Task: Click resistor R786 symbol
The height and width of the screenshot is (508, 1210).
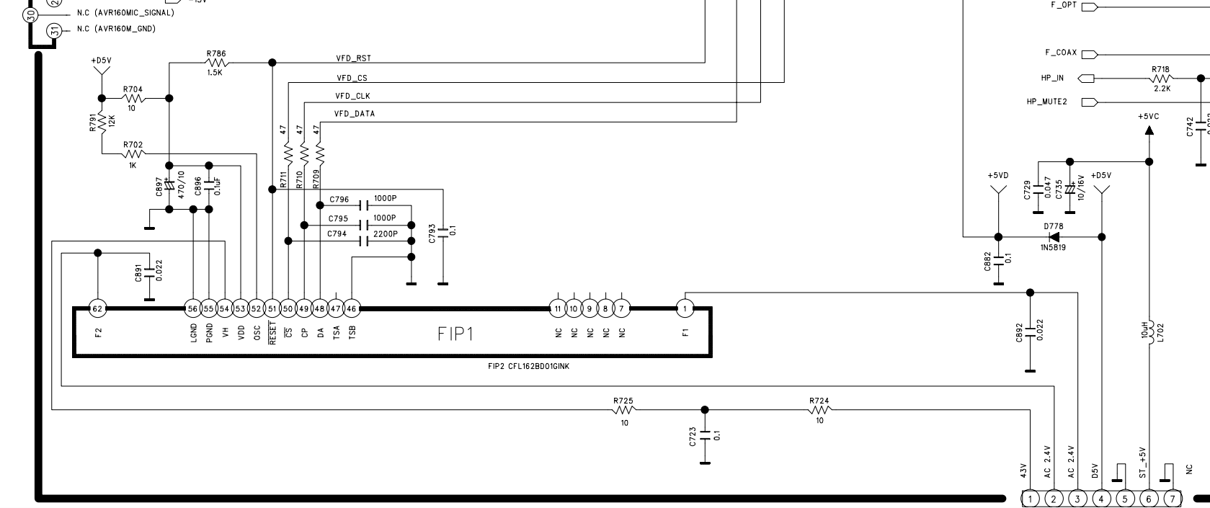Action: coord(215,63)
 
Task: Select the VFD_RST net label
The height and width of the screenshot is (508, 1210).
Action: coord(354,58)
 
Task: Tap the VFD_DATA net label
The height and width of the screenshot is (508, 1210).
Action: coord(355,114)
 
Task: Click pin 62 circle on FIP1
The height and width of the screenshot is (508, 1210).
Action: coord(98,309)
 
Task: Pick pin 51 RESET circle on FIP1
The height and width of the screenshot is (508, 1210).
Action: coord(272,309)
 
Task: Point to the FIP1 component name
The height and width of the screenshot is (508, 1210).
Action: coord(455,334)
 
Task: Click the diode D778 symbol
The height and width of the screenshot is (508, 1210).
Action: coord(1054,236)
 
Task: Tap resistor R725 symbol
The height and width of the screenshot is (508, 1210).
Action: coord(623,410)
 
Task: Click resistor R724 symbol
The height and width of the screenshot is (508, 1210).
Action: coord(819,410)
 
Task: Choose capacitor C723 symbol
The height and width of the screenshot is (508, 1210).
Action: coord(705,435)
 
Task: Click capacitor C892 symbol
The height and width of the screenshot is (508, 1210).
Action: coord(1030,331)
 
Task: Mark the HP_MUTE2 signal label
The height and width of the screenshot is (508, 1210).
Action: coord(1046,102)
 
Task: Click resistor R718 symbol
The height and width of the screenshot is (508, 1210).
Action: coord(1161,78)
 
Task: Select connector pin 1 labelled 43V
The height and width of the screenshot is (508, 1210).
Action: coord(1031,499)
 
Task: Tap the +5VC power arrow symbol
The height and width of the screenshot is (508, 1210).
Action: coord(1149,130)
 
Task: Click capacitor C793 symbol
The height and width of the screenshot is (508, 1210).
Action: coord(442,231)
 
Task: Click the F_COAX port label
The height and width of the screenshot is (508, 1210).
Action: coord(1061,53)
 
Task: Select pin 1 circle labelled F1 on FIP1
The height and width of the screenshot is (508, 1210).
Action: coord(685,309)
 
